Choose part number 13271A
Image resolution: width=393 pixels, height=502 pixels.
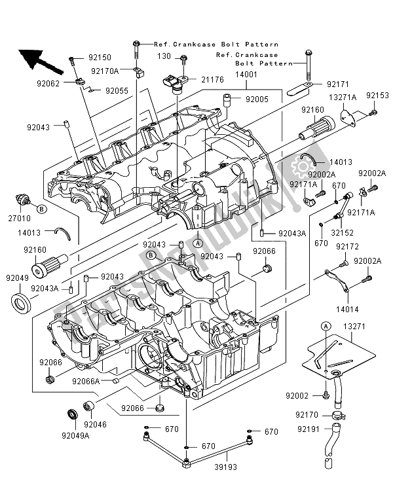[x=342, y=98]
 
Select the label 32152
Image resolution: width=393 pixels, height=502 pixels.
[x=344, y=232]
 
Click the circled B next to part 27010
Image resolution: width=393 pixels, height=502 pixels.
[x=41, y=209]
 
